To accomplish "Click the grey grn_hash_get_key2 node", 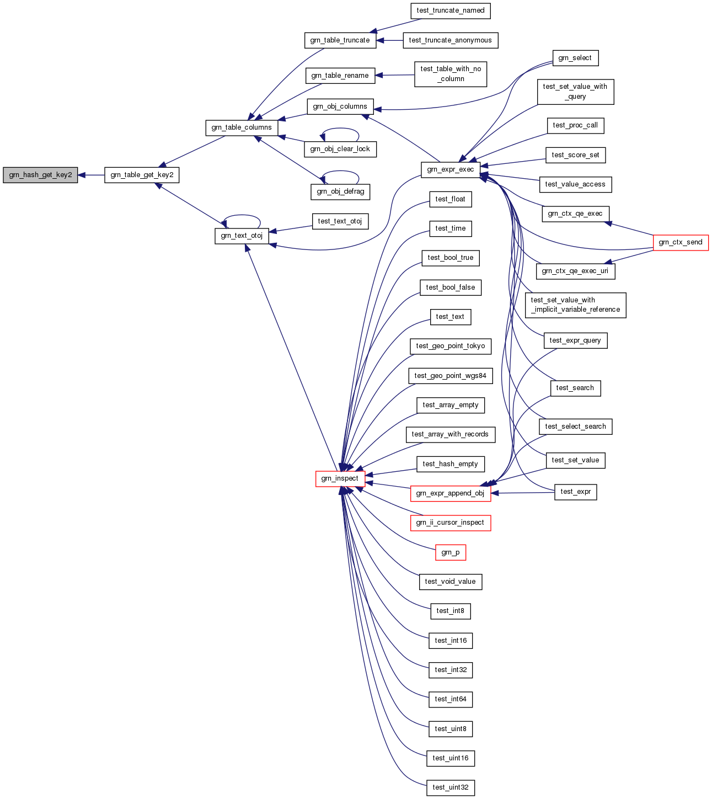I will click(x=40, y=175).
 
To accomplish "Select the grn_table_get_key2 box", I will click(x=142, y=175).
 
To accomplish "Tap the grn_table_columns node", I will click(x=242, y=127).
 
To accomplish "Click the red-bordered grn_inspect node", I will click(x=340, y=478).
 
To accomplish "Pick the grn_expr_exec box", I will click(x=451, y=169).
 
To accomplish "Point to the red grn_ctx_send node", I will click(x=681, y=242).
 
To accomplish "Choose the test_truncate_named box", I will click(x=451, y=10).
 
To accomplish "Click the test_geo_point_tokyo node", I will click(x=451, y=346).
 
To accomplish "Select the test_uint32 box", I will click(x=451, y=787).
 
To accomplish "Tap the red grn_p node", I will click(x=451, y=552).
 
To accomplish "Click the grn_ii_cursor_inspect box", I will click(x=450, y=523).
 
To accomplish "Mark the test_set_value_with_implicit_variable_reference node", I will click(x=575, y=305).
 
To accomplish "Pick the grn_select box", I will click(x=575, y=58).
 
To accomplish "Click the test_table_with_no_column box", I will click(x=451, y=74).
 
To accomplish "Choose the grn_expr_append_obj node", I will click(x=450, y=493).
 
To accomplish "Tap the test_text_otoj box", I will click(x=340, y=221).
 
